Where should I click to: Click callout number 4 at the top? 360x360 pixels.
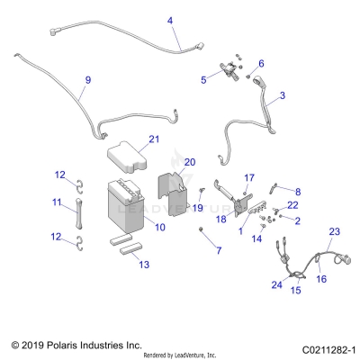[170, 20]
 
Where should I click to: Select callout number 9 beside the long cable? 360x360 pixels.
[87, 81]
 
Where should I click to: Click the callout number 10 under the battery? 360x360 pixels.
[159, 229]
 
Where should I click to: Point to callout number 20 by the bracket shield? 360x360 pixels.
[189, 162]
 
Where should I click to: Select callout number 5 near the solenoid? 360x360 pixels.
[203, 79]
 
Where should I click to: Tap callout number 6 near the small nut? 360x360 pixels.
[262, 63]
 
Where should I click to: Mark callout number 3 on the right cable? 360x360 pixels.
[283, 94]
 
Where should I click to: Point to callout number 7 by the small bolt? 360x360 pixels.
[217, 248]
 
